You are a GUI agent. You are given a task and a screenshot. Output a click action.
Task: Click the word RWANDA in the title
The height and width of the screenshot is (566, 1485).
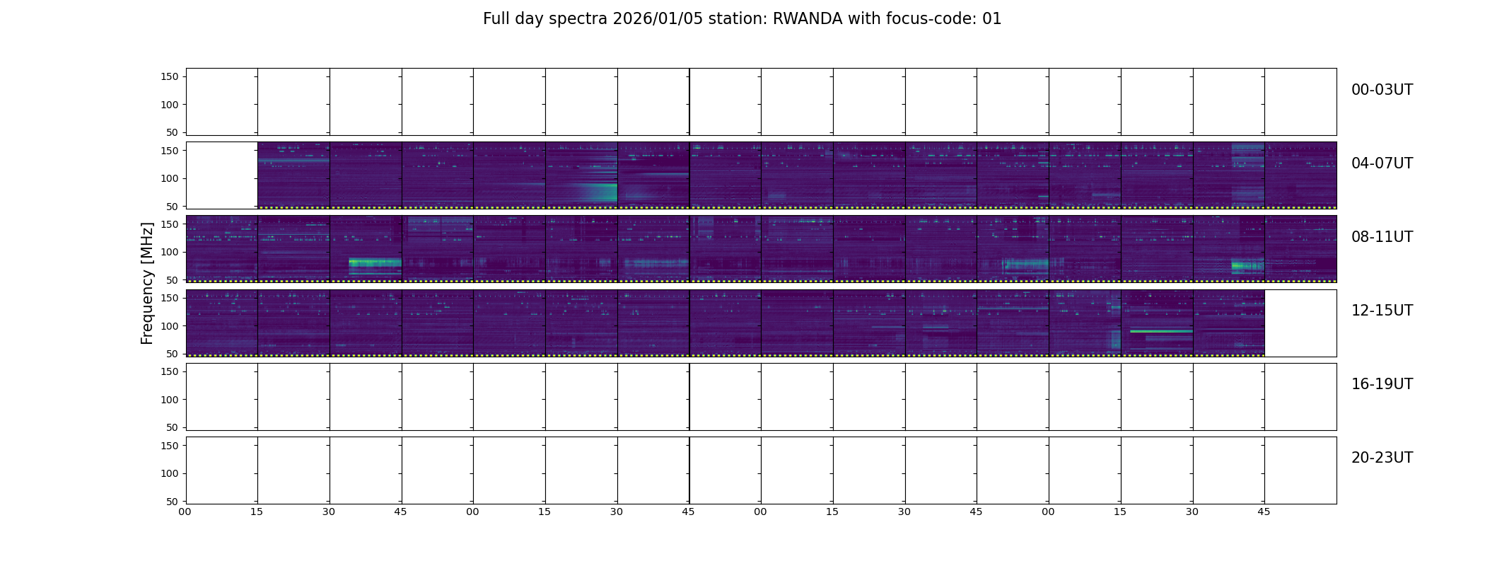(808, 19)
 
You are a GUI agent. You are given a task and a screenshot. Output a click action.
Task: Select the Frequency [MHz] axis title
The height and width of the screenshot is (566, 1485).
(147, 283)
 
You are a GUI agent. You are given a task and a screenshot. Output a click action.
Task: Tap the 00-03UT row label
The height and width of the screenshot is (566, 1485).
(1382, 90)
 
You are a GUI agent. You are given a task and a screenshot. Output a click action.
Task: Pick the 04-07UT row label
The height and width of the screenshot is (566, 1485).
(1382, 163)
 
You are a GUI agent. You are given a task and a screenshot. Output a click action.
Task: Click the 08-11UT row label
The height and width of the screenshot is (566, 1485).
(1382, 237)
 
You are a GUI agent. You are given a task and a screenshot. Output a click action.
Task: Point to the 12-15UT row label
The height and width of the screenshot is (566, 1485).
(1382, 311)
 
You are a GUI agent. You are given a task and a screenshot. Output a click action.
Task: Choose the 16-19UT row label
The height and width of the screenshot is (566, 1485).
(1382, 384)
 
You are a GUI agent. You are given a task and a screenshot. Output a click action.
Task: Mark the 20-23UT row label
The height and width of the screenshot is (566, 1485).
(1382, 458)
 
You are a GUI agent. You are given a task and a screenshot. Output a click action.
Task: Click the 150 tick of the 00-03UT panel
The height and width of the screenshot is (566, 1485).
(169, 76)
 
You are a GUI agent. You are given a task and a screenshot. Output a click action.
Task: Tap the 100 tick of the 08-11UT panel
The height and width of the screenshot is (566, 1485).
(169, 252)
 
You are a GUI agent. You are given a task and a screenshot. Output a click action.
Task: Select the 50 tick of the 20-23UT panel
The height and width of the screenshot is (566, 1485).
(172, 502)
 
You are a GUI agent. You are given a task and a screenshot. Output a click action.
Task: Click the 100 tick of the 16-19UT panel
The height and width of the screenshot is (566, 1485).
(169, 400)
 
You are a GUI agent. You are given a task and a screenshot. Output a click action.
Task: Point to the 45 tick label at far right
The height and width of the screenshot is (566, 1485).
(1264, 512)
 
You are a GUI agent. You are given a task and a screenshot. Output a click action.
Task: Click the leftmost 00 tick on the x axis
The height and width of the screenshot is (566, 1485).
(185, 512)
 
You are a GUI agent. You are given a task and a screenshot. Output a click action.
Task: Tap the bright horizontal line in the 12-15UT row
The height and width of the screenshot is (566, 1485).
(1161, 331)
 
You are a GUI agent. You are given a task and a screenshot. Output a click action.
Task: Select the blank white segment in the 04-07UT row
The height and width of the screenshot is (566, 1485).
(222, 175)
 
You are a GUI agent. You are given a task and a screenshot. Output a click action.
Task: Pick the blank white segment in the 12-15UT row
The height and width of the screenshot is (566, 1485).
(1300, 323)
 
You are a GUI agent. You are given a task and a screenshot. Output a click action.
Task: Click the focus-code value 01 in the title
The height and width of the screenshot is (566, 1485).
(992, 19)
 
